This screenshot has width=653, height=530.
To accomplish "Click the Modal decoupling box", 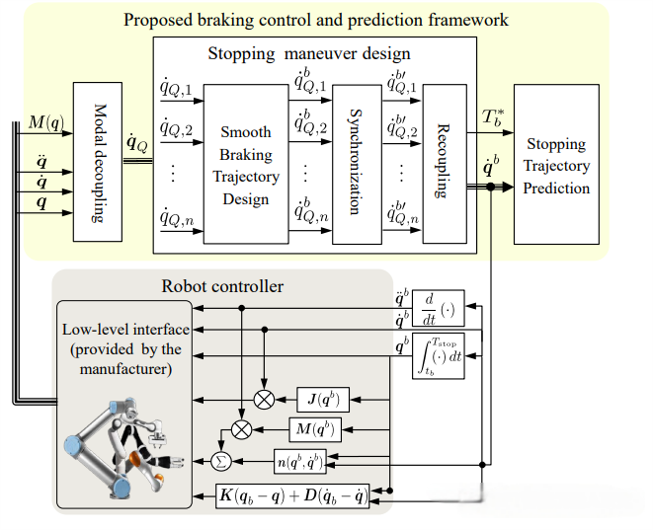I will coord(97,162).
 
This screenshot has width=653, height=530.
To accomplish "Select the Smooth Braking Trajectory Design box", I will coord(245,164).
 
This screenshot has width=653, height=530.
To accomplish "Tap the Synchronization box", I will coord(357,164).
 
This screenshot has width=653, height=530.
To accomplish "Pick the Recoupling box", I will coord(444,164).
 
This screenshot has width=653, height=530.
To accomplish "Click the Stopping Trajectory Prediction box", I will coord(557,166).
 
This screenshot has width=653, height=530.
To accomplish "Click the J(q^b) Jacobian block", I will coord(323,399).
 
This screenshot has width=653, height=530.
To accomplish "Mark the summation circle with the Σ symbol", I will coord(221,460).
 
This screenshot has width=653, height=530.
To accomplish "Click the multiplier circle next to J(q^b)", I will coord(264,399).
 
